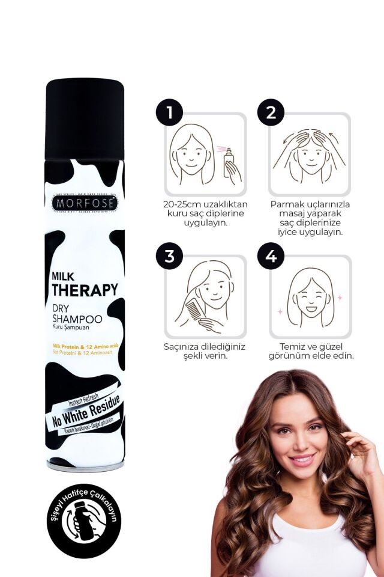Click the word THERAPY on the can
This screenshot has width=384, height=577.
click(85, 290)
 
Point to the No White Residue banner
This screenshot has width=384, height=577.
click(84, 413)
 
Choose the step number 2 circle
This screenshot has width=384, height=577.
click(271, 113)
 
